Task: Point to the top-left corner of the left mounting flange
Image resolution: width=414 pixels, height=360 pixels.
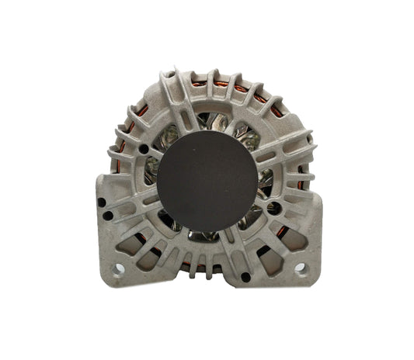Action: tap(98, 175)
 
